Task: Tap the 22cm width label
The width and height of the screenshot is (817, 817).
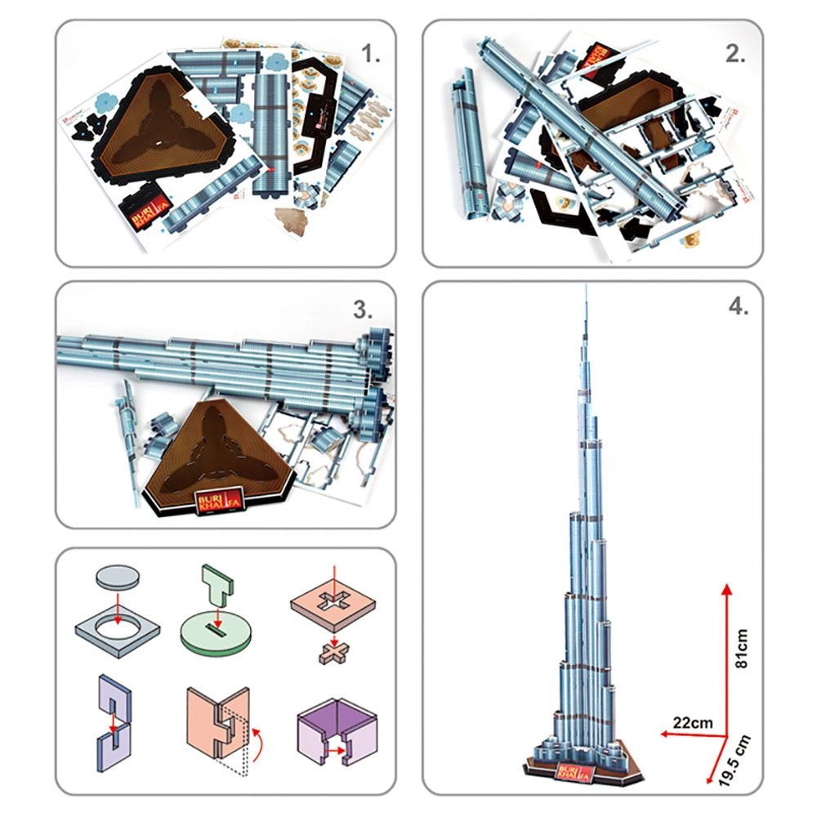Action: [691, 722]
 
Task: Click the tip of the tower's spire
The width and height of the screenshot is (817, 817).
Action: [586, 287]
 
